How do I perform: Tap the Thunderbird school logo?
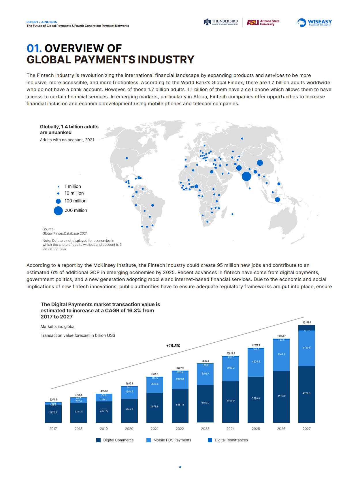click(x=221, y=22)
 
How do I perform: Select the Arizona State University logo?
click(x=263, y=22)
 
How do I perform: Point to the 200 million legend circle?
click(x=58, y=211)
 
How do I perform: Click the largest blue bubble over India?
click(x=246, y=176)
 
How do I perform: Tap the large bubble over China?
click(x=260, y=163)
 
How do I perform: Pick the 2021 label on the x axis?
click(x=154, y=429)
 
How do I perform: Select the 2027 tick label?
click(x=307, y=429)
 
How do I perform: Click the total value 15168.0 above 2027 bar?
click(x=307, y=322)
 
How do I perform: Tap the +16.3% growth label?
click(x=173, y=346)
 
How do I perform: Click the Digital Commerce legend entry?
click(x=115, y=440)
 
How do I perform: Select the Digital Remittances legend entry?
click(x=228, y=440)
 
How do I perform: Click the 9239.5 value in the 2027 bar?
click(x=307, y=393)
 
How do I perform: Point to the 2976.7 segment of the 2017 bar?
click(x=53, y=412)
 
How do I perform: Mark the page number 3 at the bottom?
click(x=180, y=467)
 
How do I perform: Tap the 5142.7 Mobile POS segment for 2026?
click(x=281, y=354)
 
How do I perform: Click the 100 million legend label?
click(x=76, y=201)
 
